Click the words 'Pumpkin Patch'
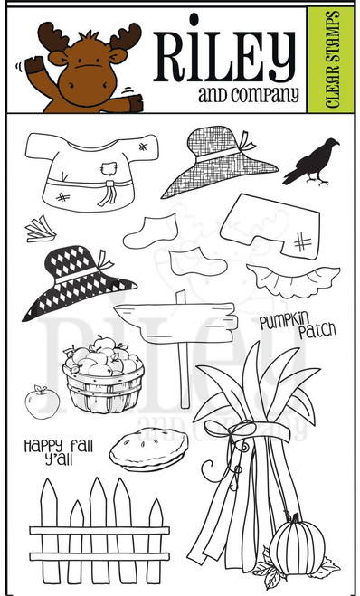[295, 326]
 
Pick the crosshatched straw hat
[221, 162]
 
